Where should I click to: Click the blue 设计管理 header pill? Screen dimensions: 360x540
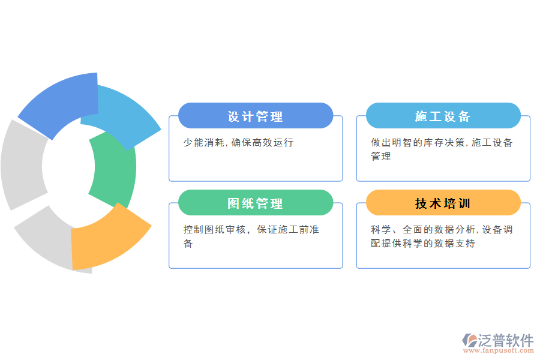point(256,116)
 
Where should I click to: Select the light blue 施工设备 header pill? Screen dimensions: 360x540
point(443,116)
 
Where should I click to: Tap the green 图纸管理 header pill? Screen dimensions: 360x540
point(256,203)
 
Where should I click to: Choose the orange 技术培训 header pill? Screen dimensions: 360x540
point(443,203)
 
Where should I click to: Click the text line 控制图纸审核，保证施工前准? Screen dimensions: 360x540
point(251,230)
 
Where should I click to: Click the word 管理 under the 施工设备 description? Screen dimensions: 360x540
point(381,156)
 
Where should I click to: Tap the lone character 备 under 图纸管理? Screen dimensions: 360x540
point(188,243)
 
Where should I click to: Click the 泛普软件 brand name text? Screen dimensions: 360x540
point(506,340)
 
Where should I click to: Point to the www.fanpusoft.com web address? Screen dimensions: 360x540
point(498,352)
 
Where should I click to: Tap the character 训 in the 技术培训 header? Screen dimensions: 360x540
point(464,203)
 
